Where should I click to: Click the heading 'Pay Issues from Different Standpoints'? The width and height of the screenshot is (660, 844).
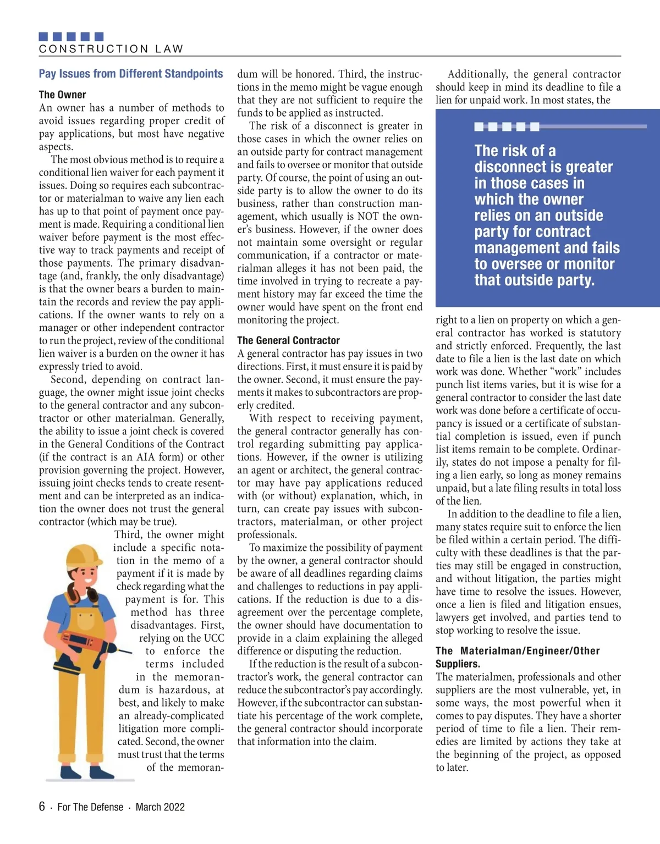click(x=131, y=74)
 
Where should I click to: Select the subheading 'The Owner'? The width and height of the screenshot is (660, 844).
click(x=62, y=95)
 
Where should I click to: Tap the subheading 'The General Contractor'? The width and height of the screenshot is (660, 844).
click(x=288, y=340)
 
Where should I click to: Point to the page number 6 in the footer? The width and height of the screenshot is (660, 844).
click(x=42, y=807)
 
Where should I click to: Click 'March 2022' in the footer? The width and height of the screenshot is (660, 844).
click(x=160, y=807)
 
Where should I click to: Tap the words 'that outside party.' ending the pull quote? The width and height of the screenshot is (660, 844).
click(x=534, y=280)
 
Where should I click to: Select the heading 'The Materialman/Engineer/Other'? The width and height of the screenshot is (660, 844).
click(x=518, y=651)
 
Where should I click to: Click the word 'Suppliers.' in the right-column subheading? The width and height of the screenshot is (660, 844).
click(x=458, y=664)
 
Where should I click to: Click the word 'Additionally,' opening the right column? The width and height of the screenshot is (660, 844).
click(x=477, y=74)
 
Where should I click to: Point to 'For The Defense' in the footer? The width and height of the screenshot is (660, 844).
click(x=90, y=807)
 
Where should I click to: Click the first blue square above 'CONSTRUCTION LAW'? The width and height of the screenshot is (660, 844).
click(x=43, y=37)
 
